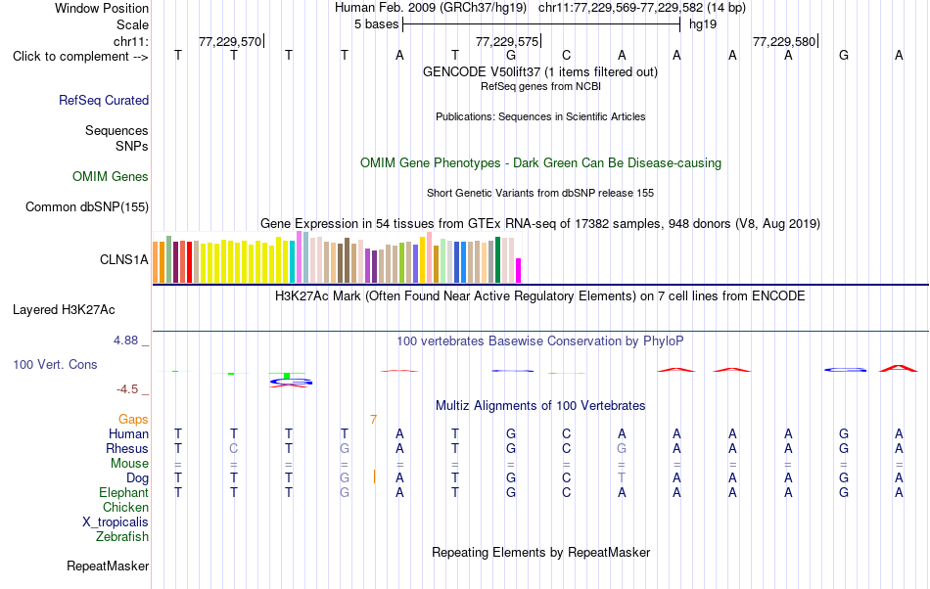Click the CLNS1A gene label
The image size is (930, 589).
pyautogui.click(x=124, y=259)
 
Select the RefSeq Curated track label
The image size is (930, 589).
pyautogui.click(x=104, y=100)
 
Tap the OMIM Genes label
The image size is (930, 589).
pyautogui.click(x=111, y=176)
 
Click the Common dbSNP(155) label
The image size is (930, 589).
pyautogui.click(x=87, y=206)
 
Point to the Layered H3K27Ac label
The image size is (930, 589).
pyautogui.click(x=64, y=310)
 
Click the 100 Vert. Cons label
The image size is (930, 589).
pyautogui.click(x=55, y=364)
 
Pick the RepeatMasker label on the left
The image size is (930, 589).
pyautogui.click(x=108, y=566)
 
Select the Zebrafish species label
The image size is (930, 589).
pyautogui.click(x=122, y=536)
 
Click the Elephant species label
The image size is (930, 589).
pyautogui.click(x=124, y=492)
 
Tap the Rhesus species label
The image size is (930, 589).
pyautogui.click(x=127, y=448)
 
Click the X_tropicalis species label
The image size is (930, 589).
pyautogui.click(x=116, y=522)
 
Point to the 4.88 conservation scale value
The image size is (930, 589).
pyautogui.click(x=125, y=340)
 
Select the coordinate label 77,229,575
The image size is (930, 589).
pyautogui.click(x=507, y=41)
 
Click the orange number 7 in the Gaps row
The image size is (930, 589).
pyautogui.click(x=373, y=420)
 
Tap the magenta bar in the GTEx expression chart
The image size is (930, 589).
pyautogui.click(x=519, y=271)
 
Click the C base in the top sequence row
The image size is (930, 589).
pyautogui.click(x=567, y=55)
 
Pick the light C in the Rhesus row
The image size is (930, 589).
pyautogui.click(x=234, y=448)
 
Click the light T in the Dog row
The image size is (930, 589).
pyautogui.click(x=622, y=477)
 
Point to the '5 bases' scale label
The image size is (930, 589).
pyautogui.click(x=377, y=24)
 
